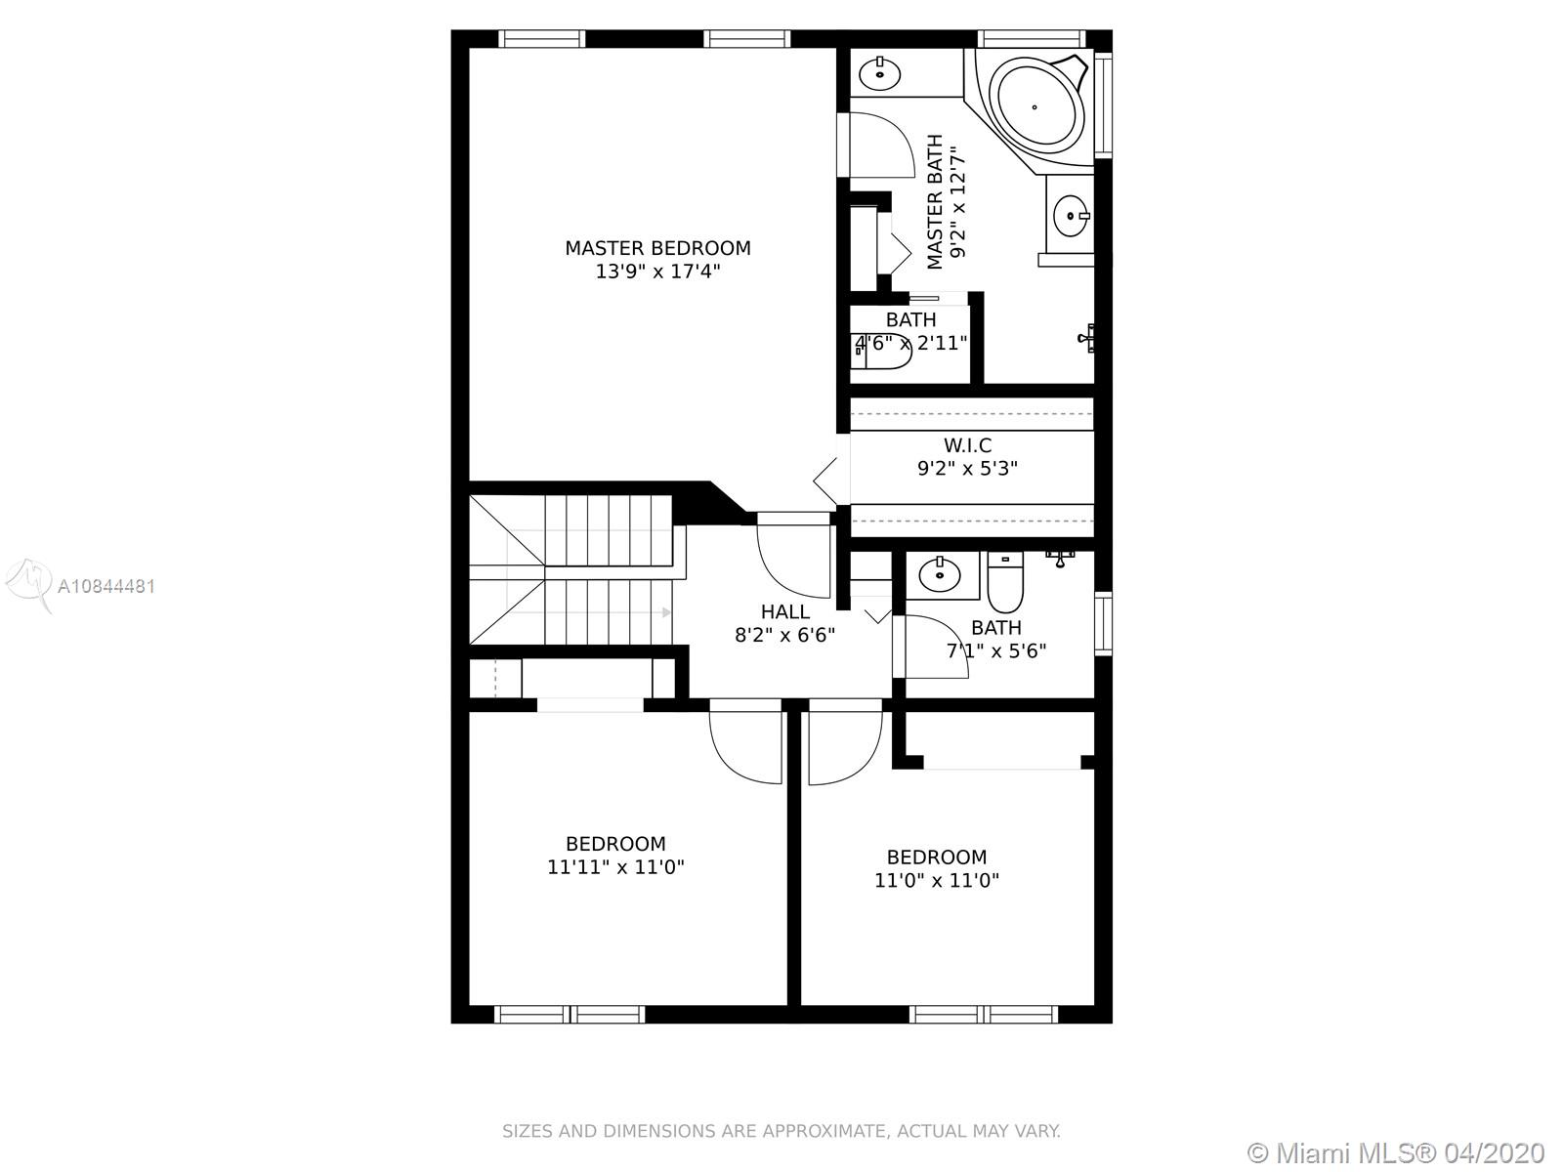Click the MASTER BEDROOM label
pyautogui.click(x=657, y=248)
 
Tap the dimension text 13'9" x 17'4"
pyautogui.click(x=658, y=272)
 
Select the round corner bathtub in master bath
pyautogui.click(x=1035, y=107)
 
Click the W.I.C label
pyautogui.click(x=968, y=445)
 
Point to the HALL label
pyautogui.click(x=784, y=612)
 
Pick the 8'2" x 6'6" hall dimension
pyautogui.click(x=784, y=635)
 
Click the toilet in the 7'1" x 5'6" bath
pyautogui.click(x=1005, y=581)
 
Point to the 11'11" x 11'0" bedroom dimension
pyautogui.click(x=615, y=867)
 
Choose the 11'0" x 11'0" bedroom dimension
pyautogui.click(x=937, y=881)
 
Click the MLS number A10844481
pyautogui.click(x=106, y=586)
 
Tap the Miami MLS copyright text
pyautogui.click(x=1396, y=1152)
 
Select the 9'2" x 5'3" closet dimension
pyautogui.click(x=967, y=468)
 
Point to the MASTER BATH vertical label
pyautogui.click(x=935, y=202)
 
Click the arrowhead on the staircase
pyautogui.click(x=666, y=612)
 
